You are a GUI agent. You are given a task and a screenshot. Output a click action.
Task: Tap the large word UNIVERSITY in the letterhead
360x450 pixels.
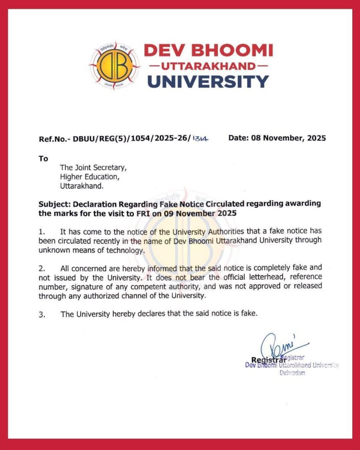(x=208, y=81)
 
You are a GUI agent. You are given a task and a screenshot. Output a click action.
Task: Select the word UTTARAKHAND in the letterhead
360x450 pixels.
(x=208, y=65)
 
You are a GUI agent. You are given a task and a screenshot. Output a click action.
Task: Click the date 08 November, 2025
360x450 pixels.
(x=277, y=138)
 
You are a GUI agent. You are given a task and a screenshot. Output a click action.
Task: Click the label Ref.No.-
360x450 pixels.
(x=54, y=139)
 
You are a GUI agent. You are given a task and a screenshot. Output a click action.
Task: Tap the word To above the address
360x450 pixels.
(x=43, y=158)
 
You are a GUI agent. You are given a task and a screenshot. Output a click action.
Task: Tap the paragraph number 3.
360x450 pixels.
(x=41, y=315)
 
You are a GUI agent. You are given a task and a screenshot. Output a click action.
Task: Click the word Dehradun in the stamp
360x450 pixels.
(x=292, y=373)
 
